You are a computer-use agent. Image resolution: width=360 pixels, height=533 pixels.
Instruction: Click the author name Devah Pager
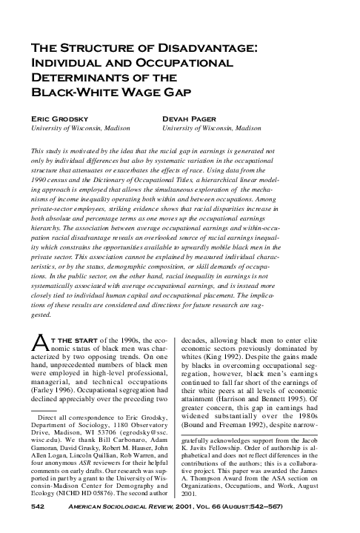tap(189, 117)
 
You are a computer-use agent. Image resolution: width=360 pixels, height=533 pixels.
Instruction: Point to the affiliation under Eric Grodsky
tap(77, 128)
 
